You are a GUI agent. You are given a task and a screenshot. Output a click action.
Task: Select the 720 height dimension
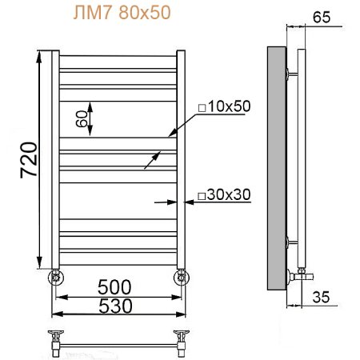click(28, 159)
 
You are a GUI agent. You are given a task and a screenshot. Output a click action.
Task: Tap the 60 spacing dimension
click(82, 118)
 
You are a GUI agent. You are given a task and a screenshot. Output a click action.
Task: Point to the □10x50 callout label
click(225, 107)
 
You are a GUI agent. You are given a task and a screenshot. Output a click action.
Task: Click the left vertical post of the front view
click(54, 160)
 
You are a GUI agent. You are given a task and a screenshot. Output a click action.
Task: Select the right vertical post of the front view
click(182, 160)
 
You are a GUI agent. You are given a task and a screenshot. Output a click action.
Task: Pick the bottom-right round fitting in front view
click(182, 278)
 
